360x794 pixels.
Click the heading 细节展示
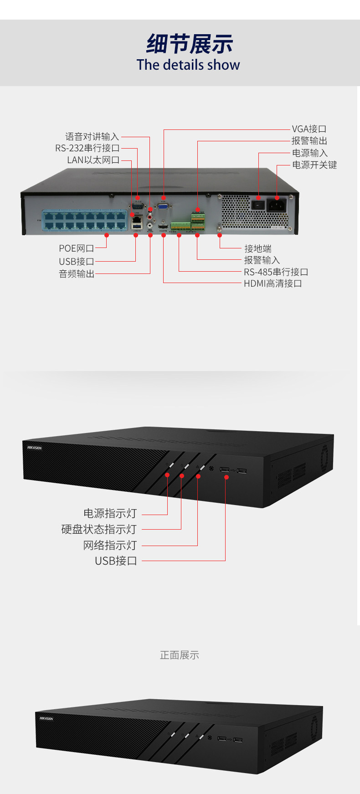pyautogui.click(x=189, y=45)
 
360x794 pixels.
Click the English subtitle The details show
pyautogui.click(x=188, y=65)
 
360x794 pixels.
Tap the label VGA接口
pyautogui.click(x=309, y=129)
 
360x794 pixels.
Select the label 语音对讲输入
pyautogui.click(x=92, y=136)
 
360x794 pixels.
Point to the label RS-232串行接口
pyautogui.click(x=87, y=148)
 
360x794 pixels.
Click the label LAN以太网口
pyautogui.click(x=93, y=160)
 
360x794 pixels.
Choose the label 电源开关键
pyautogui.click(x=314, y=165)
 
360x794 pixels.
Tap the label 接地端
pyautogui.click(x=257, y=248)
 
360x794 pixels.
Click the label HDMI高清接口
pyautogui.click(x=273, y=284)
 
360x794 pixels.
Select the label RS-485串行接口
pyautogui.click(x=276, y=272)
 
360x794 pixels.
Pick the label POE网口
pyautogui.click(x=76, y=248)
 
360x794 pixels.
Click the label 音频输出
pyautogui.click(x=77, y=274)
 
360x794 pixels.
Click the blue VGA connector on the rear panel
pyautogui.click(x=163, y=206)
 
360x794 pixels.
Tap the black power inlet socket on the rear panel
pyautogui.click(x=277, y=205)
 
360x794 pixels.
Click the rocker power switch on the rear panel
pyautogui.click(x=258, y=205)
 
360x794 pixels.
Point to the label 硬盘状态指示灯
pyautogui.click(x=99, y=529)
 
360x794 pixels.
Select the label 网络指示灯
pyautogui.click(x=110, y=545)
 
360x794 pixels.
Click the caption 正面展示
pyautogui.click(x=180, y=655)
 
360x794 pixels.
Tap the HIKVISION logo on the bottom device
pyautogui.click(x=46, y=719)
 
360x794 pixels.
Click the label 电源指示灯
pyautogui.click(x=110, y=513)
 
